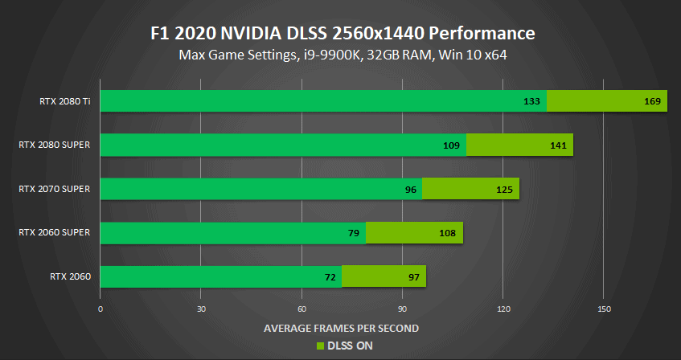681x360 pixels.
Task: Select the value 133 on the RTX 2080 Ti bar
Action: (531, 101)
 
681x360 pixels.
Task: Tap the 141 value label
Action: (558, 145)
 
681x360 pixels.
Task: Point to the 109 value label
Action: (451, 145)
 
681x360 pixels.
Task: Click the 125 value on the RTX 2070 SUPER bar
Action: (504, 190)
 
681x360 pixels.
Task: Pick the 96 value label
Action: (410, 190)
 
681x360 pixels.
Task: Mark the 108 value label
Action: (448, 234)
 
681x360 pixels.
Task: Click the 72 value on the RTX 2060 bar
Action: (330, 277)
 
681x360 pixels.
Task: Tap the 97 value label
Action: (413, 277)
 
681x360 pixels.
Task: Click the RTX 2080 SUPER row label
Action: (54, 145)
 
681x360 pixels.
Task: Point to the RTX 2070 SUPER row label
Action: (54, 190)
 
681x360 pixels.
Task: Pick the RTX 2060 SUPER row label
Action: (54, 233)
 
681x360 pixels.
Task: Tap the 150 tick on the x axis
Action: (605, 309)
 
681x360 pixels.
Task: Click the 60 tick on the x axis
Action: (302, 309)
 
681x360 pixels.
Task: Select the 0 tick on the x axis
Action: (101, 309)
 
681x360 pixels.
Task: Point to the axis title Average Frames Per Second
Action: (341, 328)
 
